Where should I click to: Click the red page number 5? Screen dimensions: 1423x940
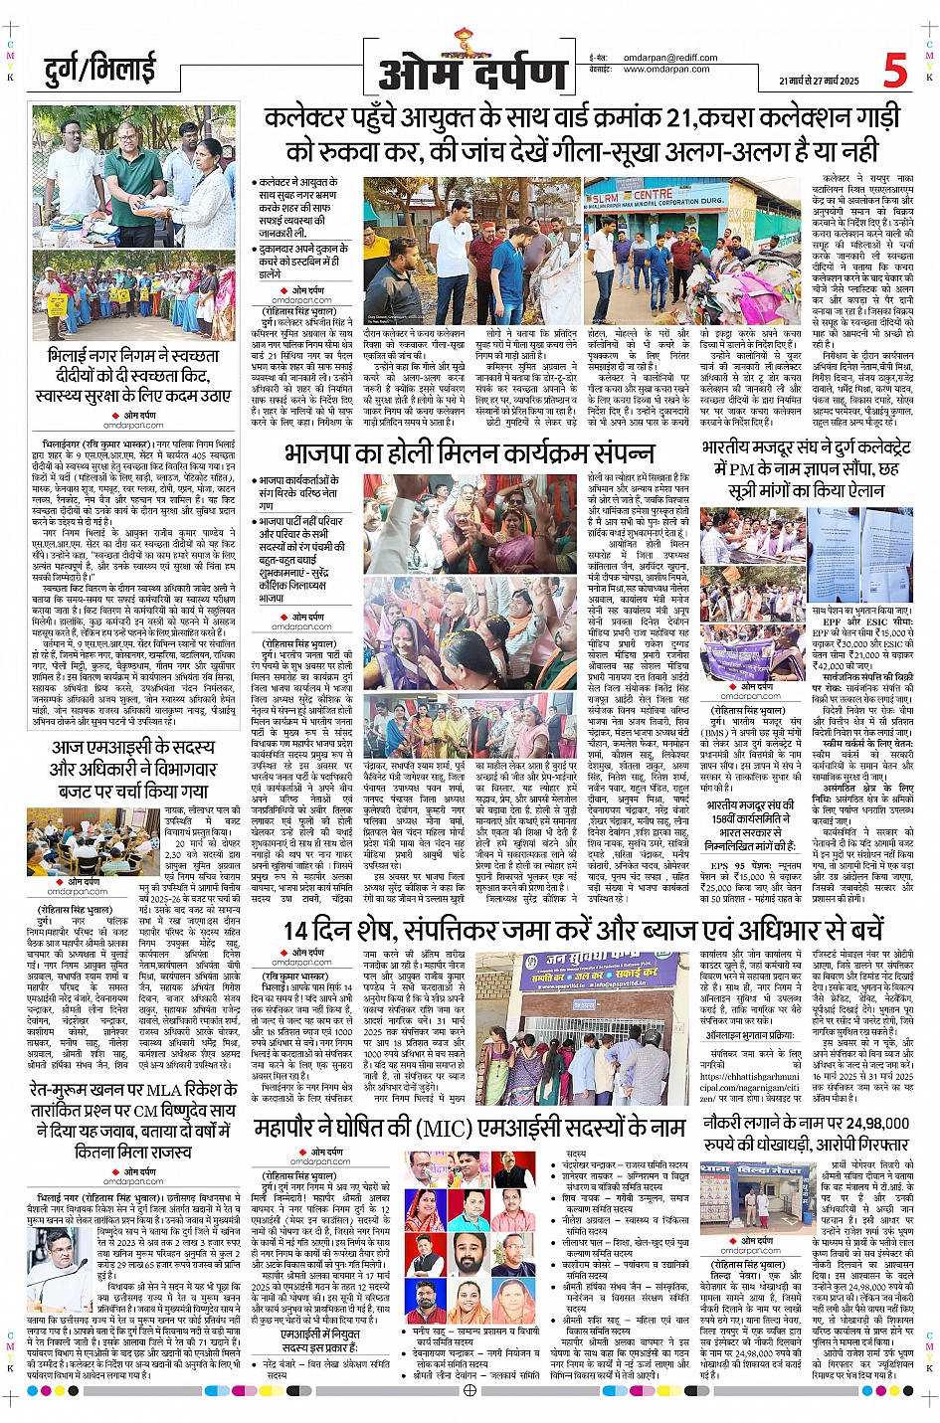pos(895,70)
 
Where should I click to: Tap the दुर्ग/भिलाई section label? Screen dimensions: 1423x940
pos(100,72)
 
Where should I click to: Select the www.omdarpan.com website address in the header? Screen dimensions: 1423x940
pos(666,70)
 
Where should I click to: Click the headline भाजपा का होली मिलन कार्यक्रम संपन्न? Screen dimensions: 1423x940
pos(470,452)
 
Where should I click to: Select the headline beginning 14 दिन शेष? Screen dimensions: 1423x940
pos(583,930)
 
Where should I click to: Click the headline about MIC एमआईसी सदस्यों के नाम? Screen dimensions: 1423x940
pos(470,1128)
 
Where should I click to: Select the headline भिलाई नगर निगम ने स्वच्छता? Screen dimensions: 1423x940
pos(132,375)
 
